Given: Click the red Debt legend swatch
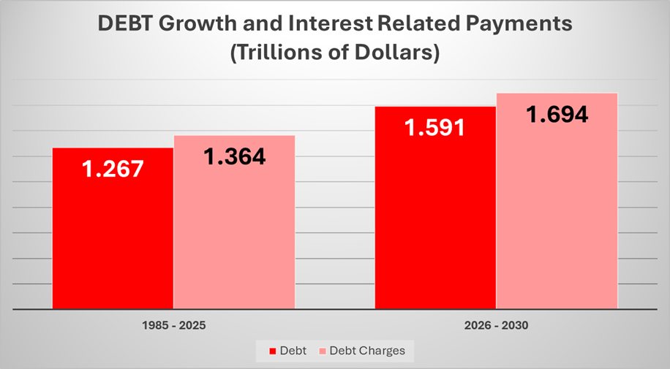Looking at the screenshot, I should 274,351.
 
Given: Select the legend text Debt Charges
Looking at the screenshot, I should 366,351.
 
